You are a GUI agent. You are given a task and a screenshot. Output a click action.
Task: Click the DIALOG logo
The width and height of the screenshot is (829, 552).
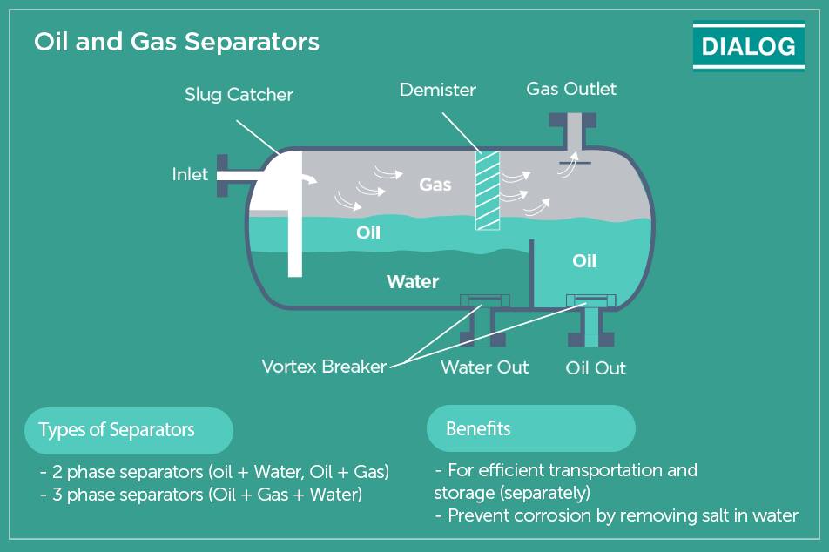click(749, 45)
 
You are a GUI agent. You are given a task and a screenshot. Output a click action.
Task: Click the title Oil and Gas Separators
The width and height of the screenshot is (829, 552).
click(177, 41)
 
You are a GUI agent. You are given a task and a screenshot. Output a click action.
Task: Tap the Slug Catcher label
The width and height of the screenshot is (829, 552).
click(239, 95)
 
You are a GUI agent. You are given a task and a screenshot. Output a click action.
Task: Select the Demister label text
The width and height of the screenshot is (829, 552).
click(438, 90)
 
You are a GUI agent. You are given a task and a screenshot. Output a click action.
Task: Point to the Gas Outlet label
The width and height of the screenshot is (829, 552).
click(571, 89)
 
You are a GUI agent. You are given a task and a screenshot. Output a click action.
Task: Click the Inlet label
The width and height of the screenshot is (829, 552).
click(190, 174)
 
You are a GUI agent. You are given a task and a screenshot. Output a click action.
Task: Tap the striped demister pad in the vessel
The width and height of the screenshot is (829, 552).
click(488, 191)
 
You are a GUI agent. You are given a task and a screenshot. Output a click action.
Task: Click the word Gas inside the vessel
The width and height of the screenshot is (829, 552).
click(435, 185)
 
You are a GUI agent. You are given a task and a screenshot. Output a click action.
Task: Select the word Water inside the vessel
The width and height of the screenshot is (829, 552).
click(413, 282)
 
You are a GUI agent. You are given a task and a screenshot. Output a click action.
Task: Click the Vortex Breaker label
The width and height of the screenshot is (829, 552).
click(324, 367)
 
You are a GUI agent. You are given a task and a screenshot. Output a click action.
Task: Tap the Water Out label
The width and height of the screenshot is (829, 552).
click(485, 367)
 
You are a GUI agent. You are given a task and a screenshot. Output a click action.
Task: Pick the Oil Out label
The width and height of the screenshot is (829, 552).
click(596, 368)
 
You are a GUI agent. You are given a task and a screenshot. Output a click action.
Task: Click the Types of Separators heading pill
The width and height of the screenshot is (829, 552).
click(129, 430)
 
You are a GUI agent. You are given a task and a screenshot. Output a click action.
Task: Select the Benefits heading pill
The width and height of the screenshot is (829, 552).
click(531, 428)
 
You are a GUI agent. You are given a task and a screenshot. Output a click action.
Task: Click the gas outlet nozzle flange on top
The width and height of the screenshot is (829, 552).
click(573, 120)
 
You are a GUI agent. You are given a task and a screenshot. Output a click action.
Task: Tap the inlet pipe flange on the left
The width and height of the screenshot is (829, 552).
click(223, 176)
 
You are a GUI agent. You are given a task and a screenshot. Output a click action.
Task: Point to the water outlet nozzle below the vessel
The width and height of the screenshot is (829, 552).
click(482, 328)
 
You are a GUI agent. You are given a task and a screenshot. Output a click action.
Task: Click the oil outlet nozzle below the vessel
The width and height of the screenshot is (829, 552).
click(591, 328)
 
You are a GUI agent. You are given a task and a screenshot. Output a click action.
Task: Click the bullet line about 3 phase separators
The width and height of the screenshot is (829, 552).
click(201, 495)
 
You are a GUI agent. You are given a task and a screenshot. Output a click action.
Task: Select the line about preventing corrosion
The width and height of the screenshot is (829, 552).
click(617, 515)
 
